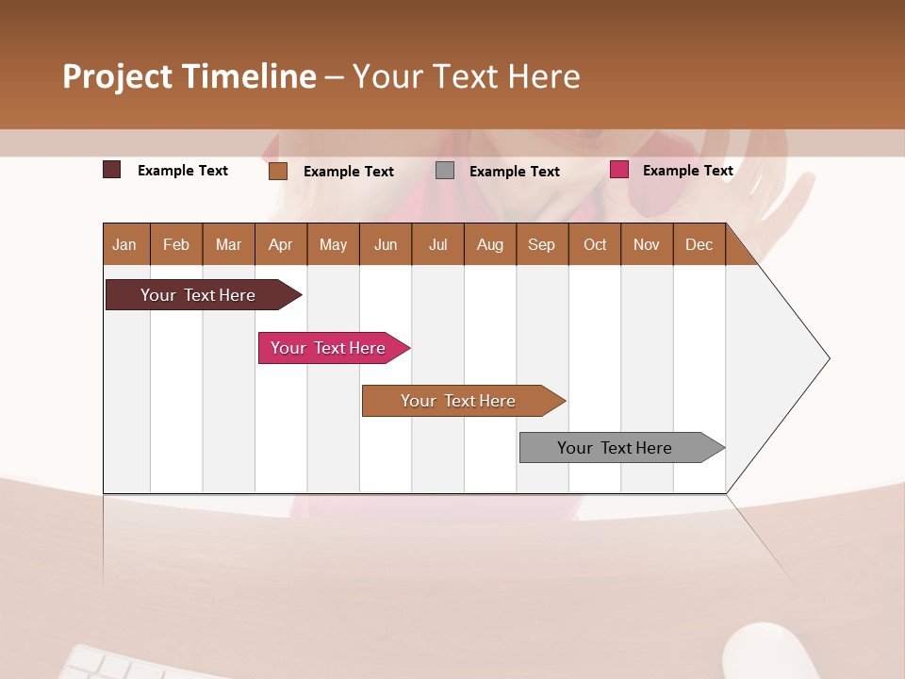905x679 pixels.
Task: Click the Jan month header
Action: (x=124, y=244)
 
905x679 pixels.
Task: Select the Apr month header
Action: (x=280, y=244)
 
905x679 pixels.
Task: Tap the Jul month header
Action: (x=437, y=244)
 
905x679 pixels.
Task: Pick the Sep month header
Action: (x=541, y=244)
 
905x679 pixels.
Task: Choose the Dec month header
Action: (x=699, y=244)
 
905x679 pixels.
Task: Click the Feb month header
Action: (x=176, y=244)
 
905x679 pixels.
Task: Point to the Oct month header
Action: (x=595, y=244)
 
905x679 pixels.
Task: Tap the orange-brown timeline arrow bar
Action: (x=459, y=401)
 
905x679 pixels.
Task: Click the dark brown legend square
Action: (x=111, y=170)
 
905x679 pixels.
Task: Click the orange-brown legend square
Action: (x=277, y=171)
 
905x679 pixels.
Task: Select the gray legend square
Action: (x=445, y=171)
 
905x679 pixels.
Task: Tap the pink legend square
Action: (x=619, y=170)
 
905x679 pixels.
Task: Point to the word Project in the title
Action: (x=116, y=76)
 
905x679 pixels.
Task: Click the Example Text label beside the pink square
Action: (x=687, y=170)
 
